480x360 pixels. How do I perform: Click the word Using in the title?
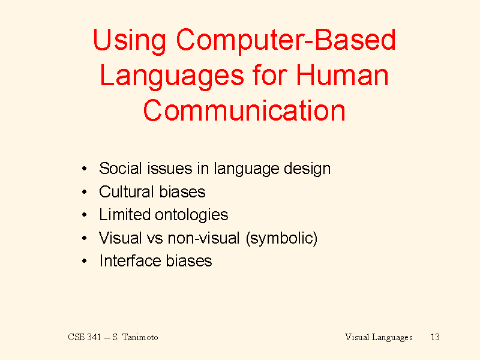[x=130, y=41]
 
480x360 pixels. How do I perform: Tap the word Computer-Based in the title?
[x=286, y=41]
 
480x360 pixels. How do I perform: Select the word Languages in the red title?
[x=172, y=77]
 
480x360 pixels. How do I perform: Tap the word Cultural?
[x=127, y=191]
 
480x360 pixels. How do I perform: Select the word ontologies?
[x=191, y=215]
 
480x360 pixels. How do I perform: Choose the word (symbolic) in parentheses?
[x=281, y=238]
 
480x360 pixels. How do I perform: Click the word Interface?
[x=130, y=260]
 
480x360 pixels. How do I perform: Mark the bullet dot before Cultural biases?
[x=85, y=192]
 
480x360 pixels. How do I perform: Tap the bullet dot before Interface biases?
[x=85, y=261]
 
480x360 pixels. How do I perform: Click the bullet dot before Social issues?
[x=85, y=169]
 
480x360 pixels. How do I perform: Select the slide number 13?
[x=435, y=337]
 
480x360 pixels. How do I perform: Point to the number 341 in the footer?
[x=94, y=337]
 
